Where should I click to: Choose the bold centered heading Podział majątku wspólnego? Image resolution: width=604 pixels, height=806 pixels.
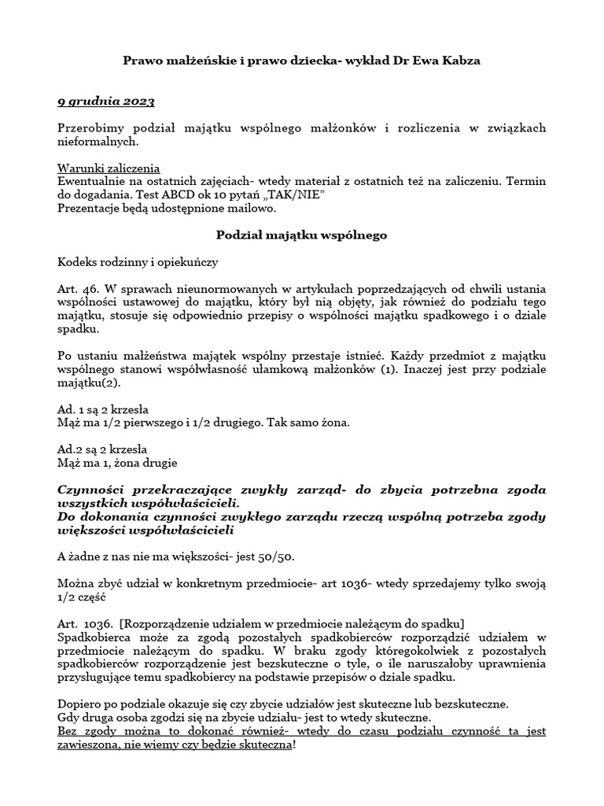[x=301, y=235]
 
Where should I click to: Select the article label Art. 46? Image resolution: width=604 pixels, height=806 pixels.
[x=76, y=288]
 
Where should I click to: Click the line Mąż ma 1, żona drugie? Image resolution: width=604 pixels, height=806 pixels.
[x=118, y=462]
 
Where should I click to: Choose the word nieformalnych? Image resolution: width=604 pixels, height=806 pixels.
[x=98, y=141]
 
